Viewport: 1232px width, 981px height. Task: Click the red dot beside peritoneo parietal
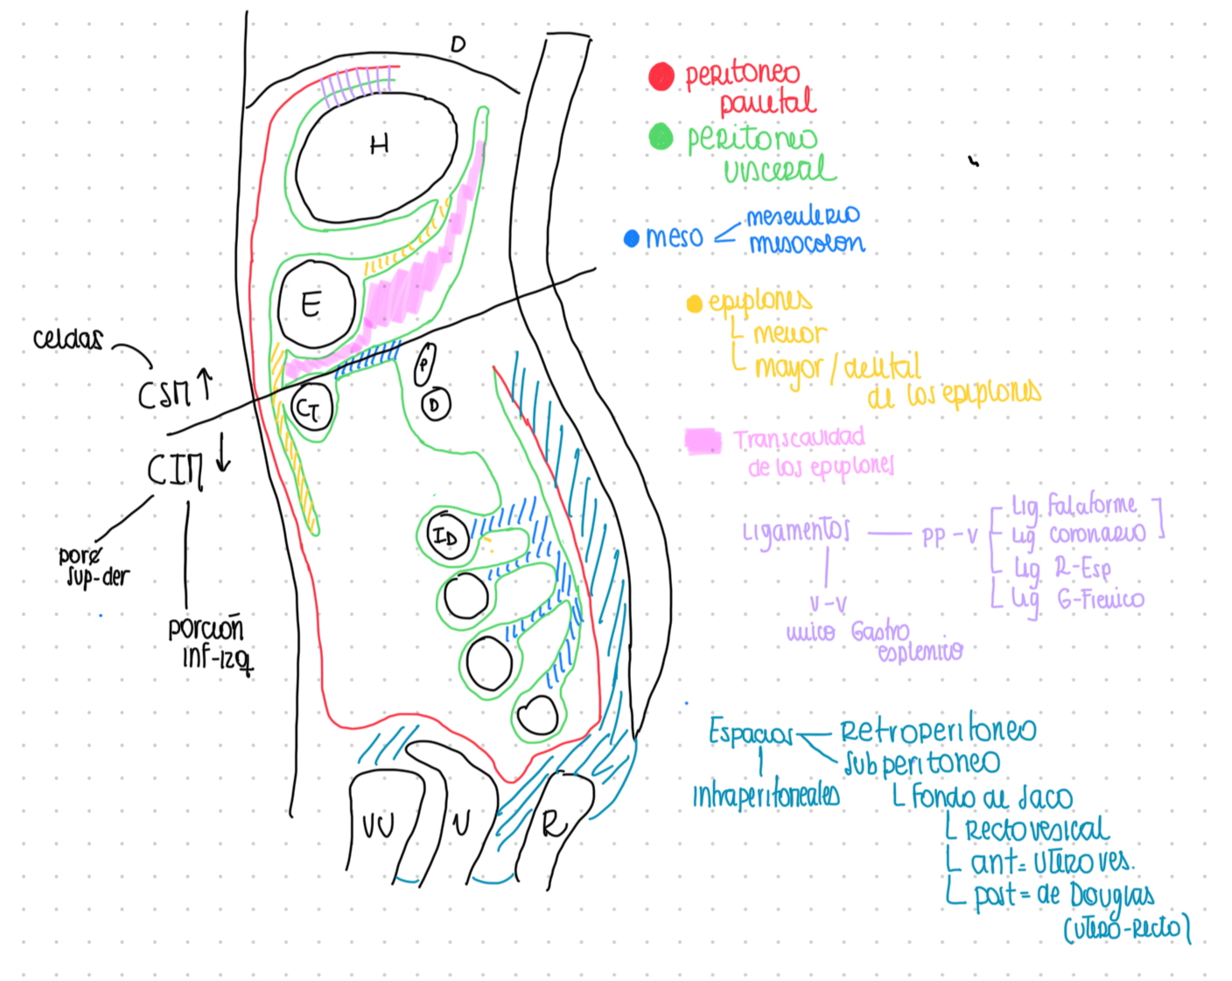point(661,76)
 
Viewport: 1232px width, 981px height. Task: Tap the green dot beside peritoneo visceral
point(661,136)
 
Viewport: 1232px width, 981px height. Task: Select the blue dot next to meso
point(631,238)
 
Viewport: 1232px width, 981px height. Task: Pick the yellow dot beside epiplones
point(695,303)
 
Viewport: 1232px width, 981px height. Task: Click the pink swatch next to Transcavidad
point(703,441)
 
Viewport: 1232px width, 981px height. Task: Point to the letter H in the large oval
point(379,144)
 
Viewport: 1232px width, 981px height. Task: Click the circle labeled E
point(315,304)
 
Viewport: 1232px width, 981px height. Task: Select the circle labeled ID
point(445,536)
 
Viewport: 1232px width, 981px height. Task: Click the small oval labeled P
point(424,363)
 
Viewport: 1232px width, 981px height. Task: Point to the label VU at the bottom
point(378,824)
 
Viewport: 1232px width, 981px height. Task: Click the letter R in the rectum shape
point(553,823)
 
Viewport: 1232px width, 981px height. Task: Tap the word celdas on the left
point(67,339)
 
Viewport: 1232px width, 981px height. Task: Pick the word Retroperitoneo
point(938,730)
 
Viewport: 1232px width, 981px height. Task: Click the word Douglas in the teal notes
point(1111,895)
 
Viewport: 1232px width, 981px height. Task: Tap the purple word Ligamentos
point(795,531)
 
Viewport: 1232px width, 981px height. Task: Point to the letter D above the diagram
point(458,44)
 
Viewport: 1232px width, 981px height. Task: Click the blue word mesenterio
point(802,215)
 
